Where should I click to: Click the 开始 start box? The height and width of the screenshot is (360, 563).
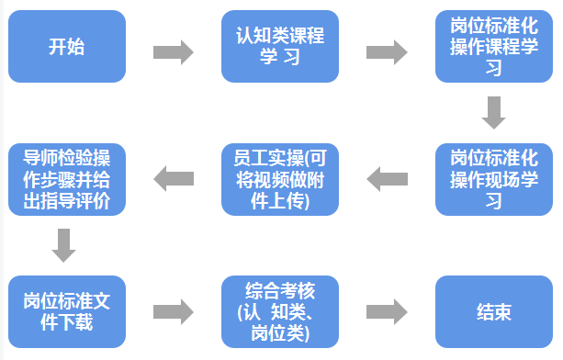67,47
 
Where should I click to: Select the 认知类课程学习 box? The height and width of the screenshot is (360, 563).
280,47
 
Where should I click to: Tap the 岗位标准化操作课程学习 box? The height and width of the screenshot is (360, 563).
494,47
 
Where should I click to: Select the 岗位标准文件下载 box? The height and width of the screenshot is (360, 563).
67,311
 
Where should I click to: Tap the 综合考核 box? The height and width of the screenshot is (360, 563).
280,311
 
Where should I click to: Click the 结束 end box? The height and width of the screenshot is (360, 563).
494,311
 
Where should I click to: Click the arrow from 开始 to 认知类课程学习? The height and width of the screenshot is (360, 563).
173,51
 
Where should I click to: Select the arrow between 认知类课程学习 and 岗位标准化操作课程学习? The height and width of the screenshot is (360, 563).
387,51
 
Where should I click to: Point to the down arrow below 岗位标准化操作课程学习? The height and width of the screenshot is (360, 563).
494,113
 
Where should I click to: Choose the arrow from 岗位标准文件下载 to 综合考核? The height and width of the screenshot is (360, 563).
173,311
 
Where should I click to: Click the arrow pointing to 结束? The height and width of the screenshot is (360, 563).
387,311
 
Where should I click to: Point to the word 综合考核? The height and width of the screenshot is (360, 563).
280,291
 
